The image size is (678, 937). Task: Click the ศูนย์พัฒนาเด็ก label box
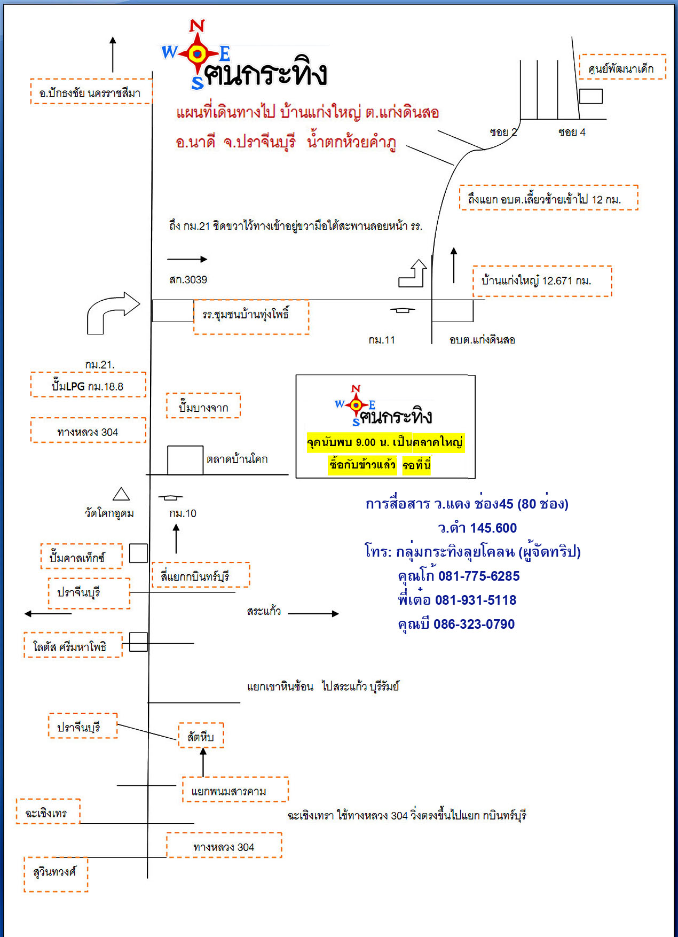[622, 67]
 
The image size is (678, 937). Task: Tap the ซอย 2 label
[503, 132]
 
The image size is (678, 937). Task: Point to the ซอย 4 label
[572, 132]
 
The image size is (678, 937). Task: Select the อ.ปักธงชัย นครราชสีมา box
[90, 92]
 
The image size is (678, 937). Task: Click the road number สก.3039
[188, 279]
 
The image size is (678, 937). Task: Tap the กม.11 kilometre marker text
[381, 340]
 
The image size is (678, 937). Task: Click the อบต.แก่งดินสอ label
[482, 340]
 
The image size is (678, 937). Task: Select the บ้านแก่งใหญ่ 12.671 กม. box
[541, 281]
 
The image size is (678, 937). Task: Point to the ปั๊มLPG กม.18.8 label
[88, 385]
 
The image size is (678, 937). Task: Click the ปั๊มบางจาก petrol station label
[203, 407]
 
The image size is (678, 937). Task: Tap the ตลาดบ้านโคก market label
[237, 459]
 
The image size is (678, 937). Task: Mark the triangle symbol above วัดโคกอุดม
[121, 494]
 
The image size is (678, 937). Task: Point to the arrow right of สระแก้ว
[313, 613]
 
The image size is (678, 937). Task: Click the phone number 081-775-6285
[478, 576]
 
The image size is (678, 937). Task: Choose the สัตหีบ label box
[201, 736]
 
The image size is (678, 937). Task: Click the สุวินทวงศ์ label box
[55, 872]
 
